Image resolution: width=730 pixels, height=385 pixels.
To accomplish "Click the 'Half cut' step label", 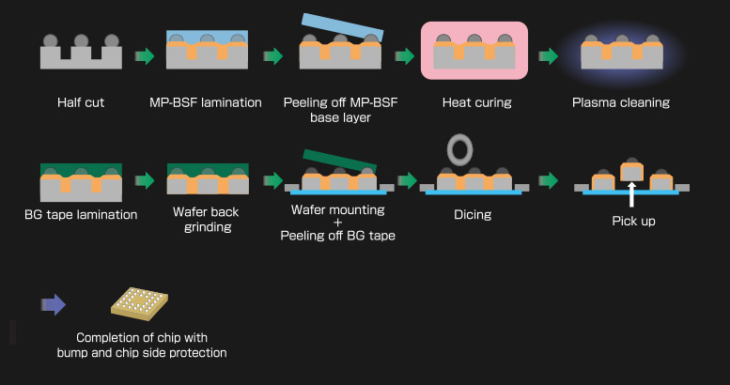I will [x=80, y=102].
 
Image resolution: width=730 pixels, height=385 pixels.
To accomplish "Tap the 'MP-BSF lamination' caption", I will [x=206, y=102].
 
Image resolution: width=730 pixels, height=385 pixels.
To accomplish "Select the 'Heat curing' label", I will [x=476, y=102].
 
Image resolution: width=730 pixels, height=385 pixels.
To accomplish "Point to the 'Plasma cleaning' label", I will [x=621, y=102].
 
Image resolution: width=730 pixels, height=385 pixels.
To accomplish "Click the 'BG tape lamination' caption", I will [x=81, y=214].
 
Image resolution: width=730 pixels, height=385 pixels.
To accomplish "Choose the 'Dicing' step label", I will [x=473, y=214].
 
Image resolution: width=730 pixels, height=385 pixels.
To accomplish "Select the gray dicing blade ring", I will [x=460, y=148].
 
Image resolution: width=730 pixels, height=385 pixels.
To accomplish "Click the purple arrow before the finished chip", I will [x=54, y=304].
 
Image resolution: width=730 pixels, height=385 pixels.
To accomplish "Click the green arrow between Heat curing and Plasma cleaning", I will [x=549, y=56].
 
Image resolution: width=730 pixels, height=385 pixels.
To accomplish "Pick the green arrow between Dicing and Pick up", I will [x=549, y=179].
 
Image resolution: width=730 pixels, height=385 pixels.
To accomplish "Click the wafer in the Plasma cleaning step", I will [x=619, y=56].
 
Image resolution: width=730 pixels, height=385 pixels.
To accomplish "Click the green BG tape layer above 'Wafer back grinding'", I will [x=207, y=169].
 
